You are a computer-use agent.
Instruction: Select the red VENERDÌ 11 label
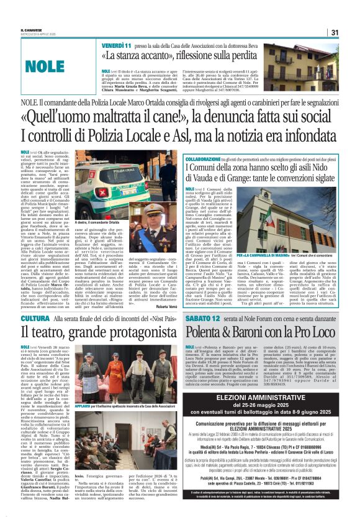coord(117,47)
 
